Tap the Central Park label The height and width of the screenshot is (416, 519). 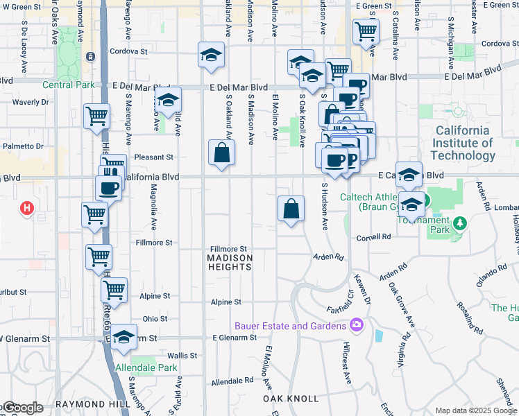(x=67, y=85)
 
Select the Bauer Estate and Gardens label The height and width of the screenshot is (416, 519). (x=290, y=326)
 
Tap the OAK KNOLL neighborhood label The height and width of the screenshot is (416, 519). (x=291, y=399)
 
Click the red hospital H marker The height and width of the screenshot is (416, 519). (x=26, y=207)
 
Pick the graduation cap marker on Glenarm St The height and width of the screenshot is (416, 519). (x=124, y=338)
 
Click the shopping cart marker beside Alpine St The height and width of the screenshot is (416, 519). (x=114, y=289)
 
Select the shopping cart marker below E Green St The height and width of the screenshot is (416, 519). (x=365, y=31)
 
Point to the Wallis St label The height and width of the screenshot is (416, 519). (x=182, y=355)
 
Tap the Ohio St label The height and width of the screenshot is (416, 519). (x=155, y=319)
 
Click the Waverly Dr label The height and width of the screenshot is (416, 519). (x=31, y=102)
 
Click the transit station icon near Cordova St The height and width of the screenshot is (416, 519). (x=90, y=56)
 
